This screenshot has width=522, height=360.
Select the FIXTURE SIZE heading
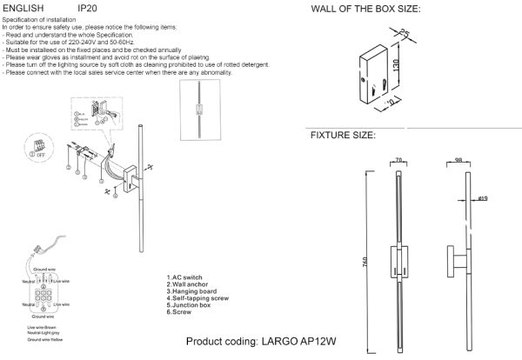click(x=343, y=137)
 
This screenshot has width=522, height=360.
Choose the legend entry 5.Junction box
click(x=190, y=303)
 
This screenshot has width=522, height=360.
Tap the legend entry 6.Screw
click(x=180, y=310)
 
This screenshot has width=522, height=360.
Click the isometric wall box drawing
click(x=376, y=70)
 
